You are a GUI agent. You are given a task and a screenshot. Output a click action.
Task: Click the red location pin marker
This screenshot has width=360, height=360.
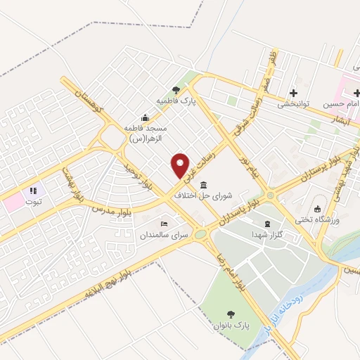tap(181, 165)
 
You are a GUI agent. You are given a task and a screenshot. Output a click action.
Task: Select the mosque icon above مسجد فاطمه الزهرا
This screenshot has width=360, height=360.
tap(145, 117)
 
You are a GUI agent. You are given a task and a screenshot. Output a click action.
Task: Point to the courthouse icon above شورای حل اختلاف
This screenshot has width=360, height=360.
tap(204, 186)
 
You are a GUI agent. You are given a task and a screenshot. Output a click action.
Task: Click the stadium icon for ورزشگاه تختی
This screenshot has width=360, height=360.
tap(317, 209)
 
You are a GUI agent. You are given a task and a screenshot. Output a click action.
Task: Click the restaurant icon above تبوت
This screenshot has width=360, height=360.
tap(32, 191)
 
